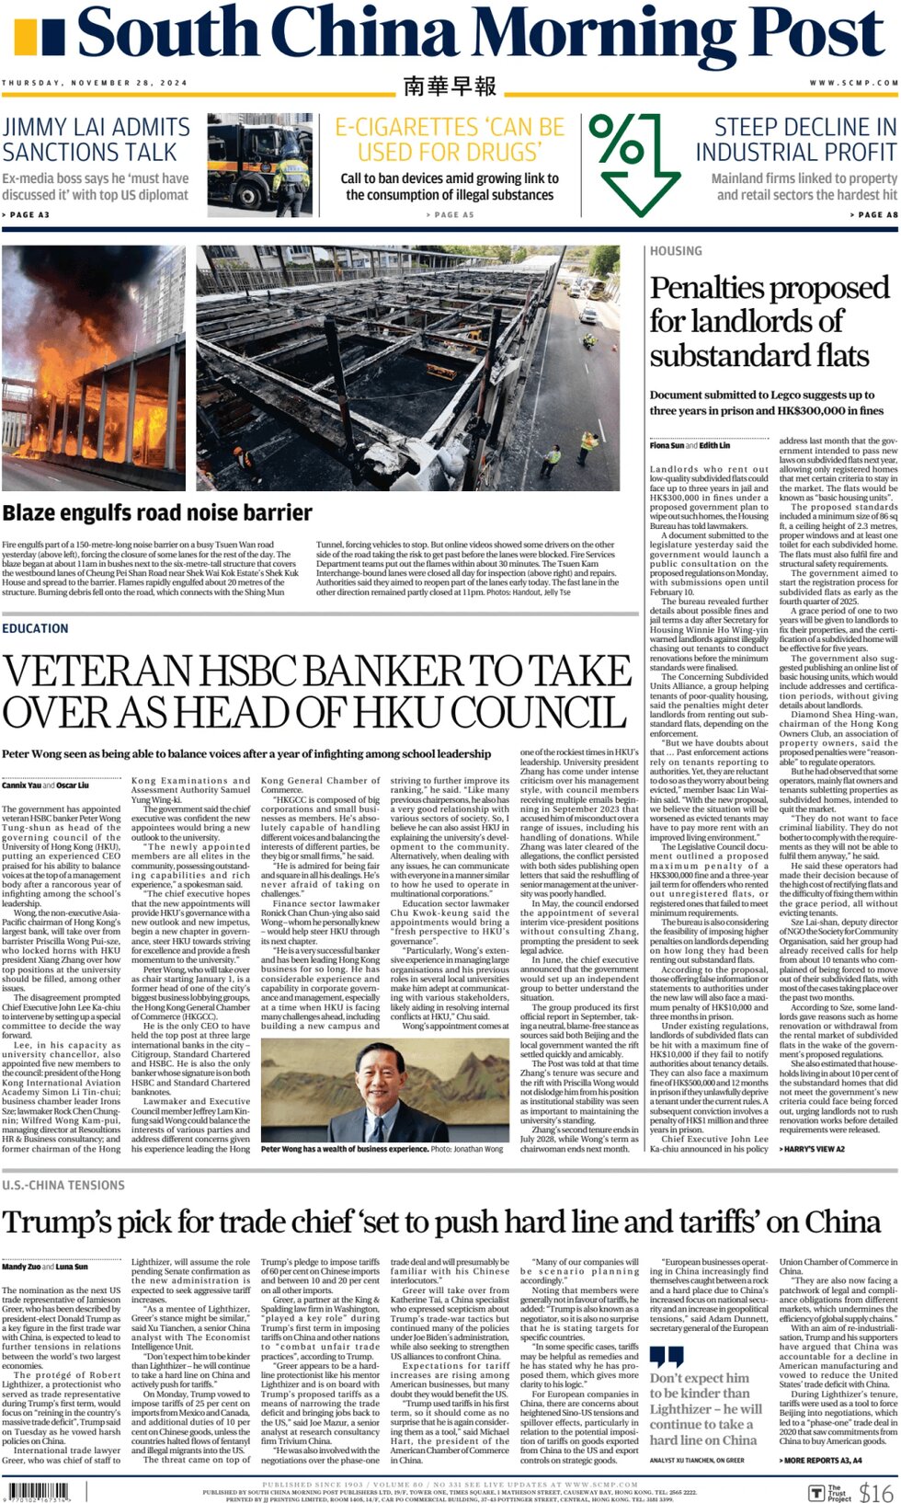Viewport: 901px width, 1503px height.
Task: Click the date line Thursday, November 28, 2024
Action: pyautogui.click(x=94, y=83)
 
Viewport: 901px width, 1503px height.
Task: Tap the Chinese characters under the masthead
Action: pyautogui.click(x=450, y=86)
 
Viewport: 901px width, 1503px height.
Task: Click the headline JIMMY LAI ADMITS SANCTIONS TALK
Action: pyautogui.click(x=96, y=140)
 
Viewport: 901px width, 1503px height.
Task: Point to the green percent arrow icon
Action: pyautogui.click(x=634, y=162)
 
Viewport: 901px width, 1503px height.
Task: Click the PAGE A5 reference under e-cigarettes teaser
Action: pyautogui.click(x=450, y=214)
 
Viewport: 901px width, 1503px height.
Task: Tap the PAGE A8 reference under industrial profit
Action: pyautogui.click(x=873, y=214)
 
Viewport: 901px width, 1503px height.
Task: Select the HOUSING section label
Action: pyautogui.click(x=676, y=251)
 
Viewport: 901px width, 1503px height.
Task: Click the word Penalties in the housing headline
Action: pyautogui.click(x=708, y=288)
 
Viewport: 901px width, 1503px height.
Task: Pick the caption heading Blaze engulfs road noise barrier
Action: pyautogui.click(x=157, y=513)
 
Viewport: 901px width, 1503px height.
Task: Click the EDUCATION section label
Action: pyautogui.click(x=35, y=628)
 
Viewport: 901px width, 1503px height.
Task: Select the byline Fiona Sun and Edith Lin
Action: pyautogui.click(x=690, y=445)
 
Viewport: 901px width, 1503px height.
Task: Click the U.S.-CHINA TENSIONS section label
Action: pyautogui.click(x=63, y=1186)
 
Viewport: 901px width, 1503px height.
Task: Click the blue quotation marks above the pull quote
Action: pyautogui.click(x=667, y=1358)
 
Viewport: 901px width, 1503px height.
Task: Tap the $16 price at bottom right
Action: pyautogui.click(x=876, y=1492)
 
